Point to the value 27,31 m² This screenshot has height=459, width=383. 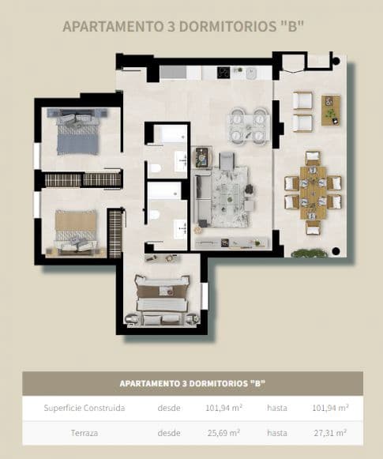331,433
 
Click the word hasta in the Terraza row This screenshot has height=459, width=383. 276,433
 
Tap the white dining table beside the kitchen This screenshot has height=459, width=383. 247,126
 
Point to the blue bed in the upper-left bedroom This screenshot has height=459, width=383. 78,132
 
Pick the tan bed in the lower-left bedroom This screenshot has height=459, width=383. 76,230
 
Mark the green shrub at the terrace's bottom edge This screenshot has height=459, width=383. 309,253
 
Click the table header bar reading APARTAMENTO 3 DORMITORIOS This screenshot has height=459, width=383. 192,383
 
